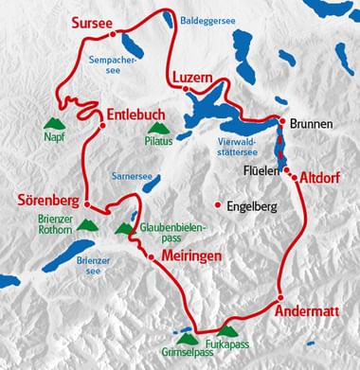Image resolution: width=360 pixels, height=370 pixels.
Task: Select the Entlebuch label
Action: point(135,111)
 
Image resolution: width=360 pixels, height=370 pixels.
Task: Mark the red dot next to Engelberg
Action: point(219,204)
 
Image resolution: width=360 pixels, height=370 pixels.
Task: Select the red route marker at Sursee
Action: point(113,33)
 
